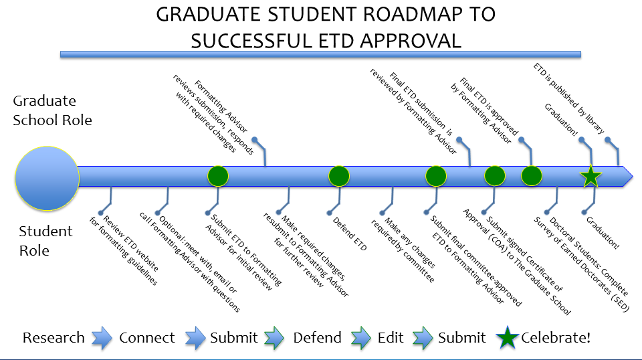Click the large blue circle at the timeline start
47,179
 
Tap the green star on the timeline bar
591,177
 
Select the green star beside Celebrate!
508,338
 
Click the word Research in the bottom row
53,338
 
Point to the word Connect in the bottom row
147,338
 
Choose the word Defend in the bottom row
317,338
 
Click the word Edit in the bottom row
391,338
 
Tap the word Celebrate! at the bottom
556,338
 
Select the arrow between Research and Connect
102,338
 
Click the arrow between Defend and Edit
360,338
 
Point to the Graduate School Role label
52,110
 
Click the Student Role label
46,241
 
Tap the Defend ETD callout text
350,234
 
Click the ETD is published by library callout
569,98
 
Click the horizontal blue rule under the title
320,54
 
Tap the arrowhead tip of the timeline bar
633,177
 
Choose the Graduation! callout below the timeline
603,233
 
